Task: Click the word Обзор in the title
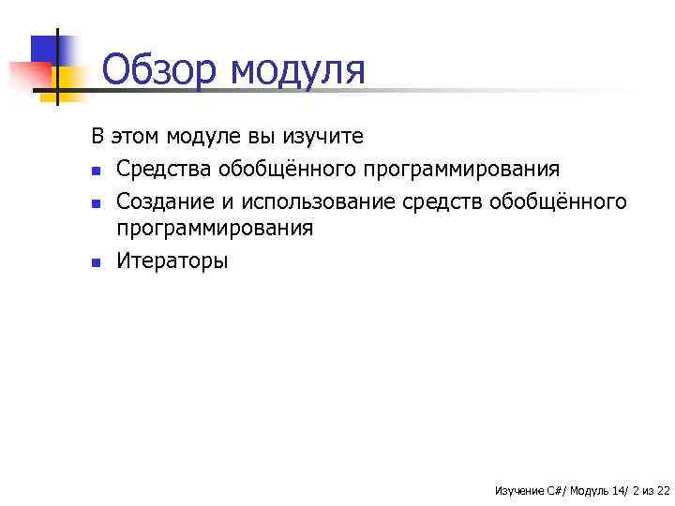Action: point(158,69)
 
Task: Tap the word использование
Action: point(319,201)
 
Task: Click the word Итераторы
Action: point(172,260)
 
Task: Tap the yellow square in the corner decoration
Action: point(70,77)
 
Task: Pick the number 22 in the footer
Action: point(663,490)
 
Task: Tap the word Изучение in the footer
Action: point(517,490)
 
